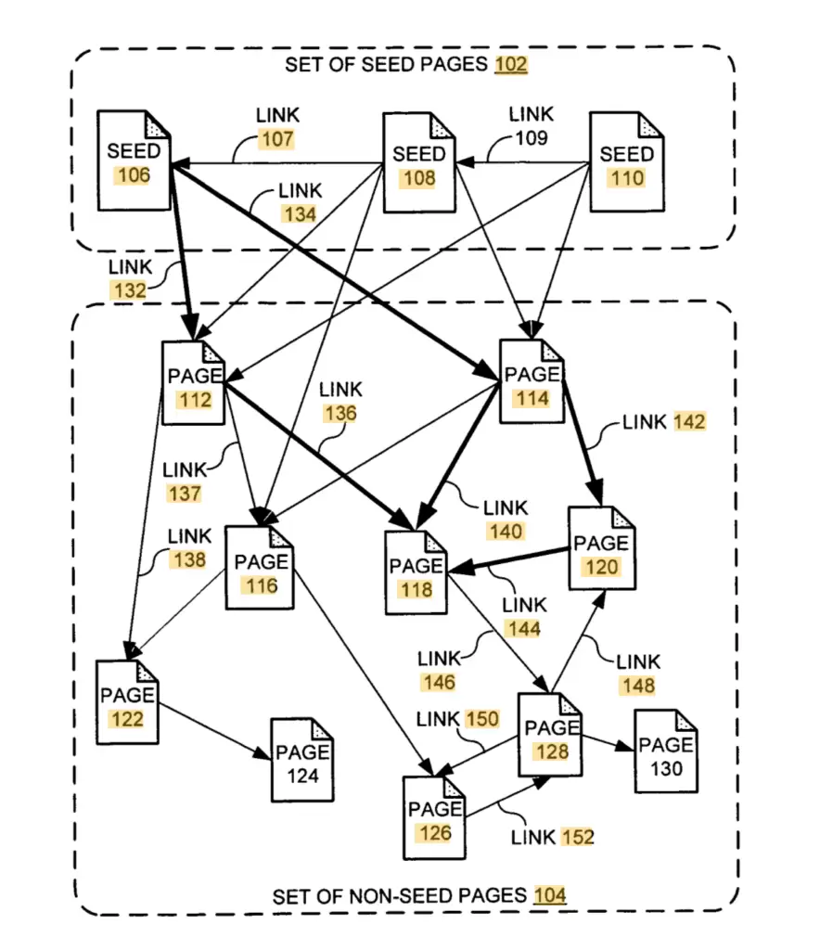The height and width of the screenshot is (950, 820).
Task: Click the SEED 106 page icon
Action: click(x=135, y=160)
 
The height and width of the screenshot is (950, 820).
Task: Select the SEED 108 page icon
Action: click(x=419, y=163)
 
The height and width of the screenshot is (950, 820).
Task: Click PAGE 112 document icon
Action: click(x=194, y=383)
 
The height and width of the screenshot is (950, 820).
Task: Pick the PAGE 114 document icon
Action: click(x=532, y=381)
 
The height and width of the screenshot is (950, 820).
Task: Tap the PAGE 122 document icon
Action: click(x=128, y=702)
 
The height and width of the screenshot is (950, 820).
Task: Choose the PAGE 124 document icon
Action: click(x=302, y=761)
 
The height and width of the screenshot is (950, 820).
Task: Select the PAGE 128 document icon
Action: click(x=551, y=736)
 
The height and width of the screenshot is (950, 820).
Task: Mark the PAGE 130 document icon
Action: click(x=666, y=751)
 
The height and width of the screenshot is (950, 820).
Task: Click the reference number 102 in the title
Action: click(x=511, y=65)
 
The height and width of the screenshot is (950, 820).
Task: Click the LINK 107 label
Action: click(x=277, y=128)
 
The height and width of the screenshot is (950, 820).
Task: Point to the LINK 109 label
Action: click(x=531, y=126)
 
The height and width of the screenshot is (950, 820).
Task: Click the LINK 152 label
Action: click(x=552, y=837)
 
